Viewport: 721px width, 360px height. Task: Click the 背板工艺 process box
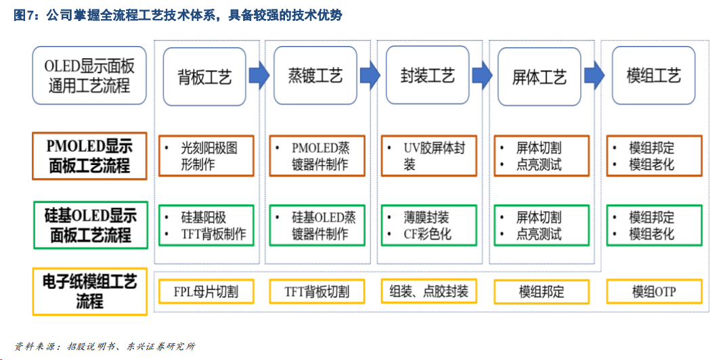coord(204,76)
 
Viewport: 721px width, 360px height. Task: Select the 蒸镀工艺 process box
coord(315,76)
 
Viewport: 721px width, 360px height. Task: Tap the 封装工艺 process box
coord(427,76)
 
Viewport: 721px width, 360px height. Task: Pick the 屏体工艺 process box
coord(540,76)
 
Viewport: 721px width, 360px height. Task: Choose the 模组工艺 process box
coord(653,76)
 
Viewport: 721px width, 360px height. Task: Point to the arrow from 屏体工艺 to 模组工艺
coord(594,75)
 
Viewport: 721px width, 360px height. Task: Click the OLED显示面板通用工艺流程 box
coord(89,76)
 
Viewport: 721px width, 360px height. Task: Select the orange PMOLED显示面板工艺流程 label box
coord(89,156)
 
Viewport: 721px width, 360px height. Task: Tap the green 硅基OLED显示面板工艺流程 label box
coord(90,225)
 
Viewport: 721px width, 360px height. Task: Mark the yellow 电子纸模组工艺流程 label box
coord(89,292)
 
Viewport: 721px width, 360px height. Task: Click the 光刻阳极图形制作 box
coord(206,156)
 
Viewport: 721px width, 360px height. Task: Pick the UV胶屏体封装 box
coord(429,156)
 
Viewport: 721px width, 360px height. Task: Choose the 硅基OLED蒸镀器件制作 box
coord(318,225)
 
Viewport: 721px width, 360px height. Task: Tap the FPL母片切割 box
coord(206,292)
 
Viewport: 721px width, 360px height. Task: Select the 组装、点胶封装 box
coord(429,292)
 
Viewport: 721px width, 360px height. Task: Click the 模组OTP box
coord(655,292)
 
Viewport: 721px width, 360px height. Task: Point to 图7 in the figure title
coord(23,16)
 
